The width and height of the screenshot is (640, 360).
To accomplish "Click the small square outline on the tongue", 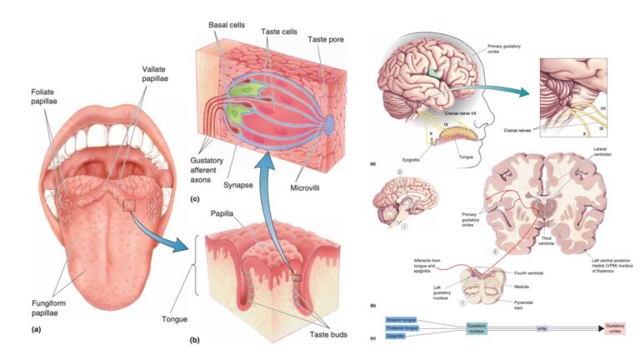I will [129, 204].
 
